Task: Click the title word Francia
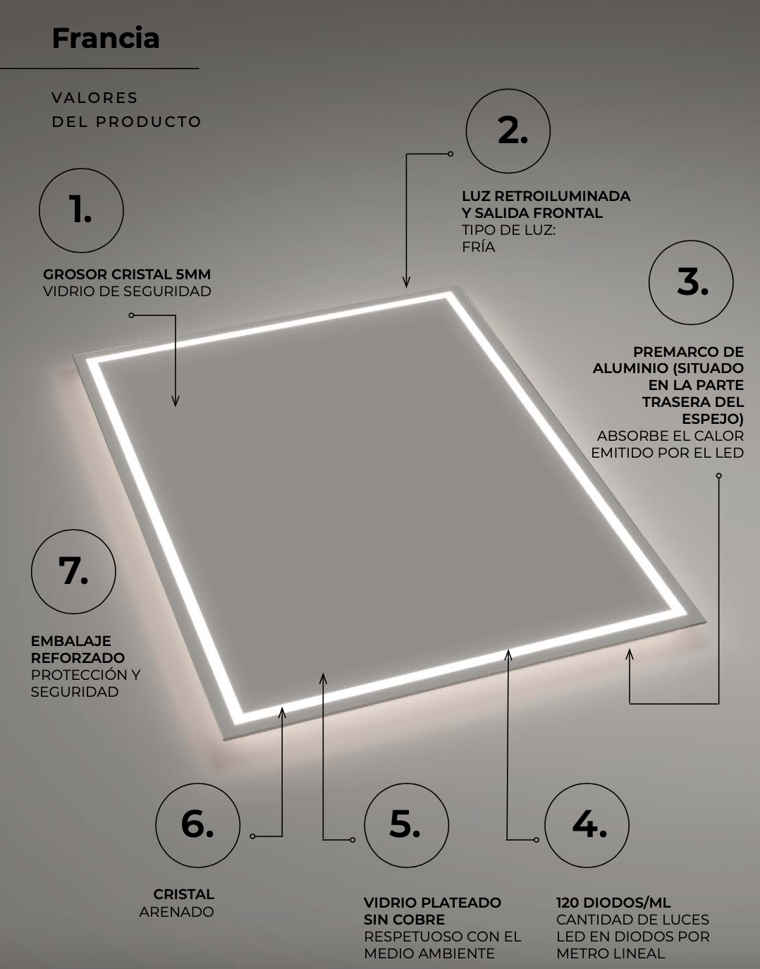tap(106, 38)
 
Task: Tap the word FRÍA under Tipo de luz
tap(478, 247)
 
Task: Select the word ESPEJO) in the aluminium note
tap(713, 419)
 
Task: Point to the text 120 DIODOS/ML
tap(613, 903)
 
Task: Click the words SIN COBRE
tap(404, 920)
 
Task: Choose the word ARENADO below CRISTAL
tap(176, 912)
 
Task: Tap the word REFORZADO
tap(78, 658)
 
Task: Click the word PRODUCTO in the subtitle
tap(149, 122)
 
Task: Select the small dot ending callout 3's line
tap(718, 476)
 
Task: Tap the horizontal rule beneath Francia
tap(99, 68)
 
